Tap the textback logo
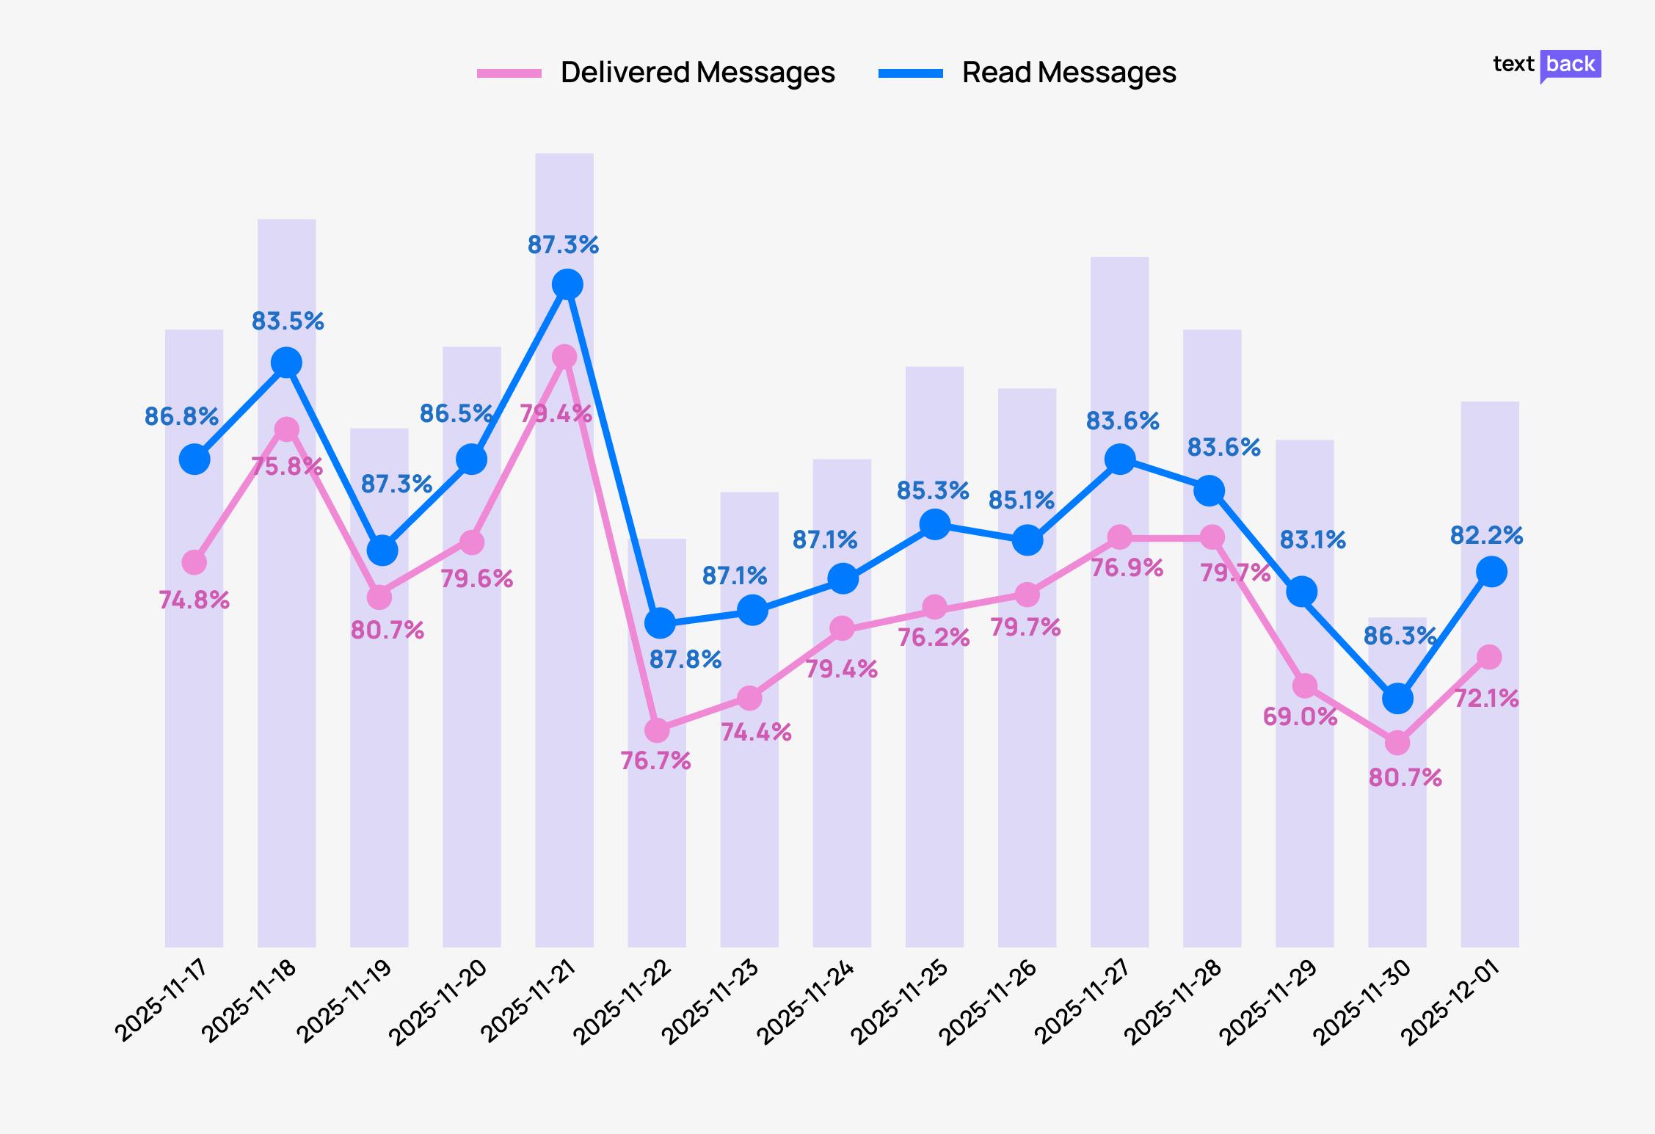pyautogui.click(x=1546, y=65)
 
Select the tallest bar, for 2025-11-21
pyautogui.click(x=564, y=661)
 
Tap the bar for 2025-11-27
pyautogui.click(x=1119, y=734)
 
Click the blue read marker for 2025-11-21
pyautogui.click(x=567, y=284)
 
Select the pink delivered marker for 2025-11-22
pyautogui.click(x=657, y=730)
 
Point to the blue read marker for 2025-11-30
pyautogui.click(x=1397, y=698)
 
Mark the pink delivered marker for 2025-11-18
pyautogui.click(x=286, y=429)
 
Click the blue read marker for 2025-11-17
pyautogui.click(x=194, y=459)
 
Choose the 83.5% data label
pyautogui.click(x=288, y=321)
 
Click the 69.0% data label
pyautogui.click(x=1300, y=716)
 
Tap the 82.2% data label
pyautogui.click(x=1486, y=536)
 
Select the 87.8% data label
pyautogui.click(x=685, y=660)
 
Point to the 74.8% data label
pyautogui.click(x=194, y=600)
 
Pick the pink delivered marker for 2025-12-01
pyautogui.click(x=1488, y=657)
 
